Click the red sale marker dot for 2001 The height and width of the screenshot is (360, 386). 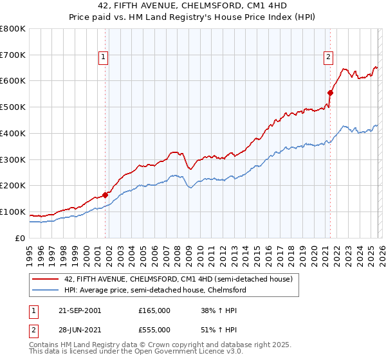pyautogui.click(x=105, y=194)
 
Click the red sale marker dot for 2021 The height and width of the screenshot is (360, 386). pyautogui.click(x=330, y=92)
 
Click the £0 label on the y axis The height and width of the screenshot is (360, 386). pyautogui.click(x=21, y=238)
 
